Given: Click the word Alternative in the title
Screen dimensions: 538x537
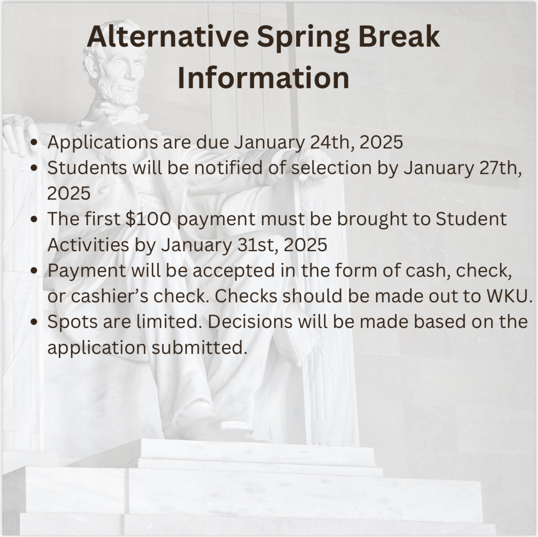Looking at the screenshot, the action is coord(168,36).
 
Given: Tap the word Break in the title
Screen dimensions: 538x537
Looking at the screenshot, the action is coord(399,36).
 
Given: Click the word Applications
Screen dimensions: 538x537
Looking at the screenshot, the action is coord(103,142).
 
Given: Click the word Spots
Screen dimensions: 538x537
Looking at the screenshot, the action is coord(72,322).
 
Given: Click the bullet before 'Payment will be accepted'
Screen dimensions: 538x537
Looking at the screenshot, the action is coord(34,270).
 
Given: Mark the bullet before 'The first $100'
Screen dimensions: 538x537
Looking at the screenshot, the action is coord(34,219).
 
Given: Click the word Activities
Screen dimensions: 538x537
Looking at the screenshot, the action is coord(88,245).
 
